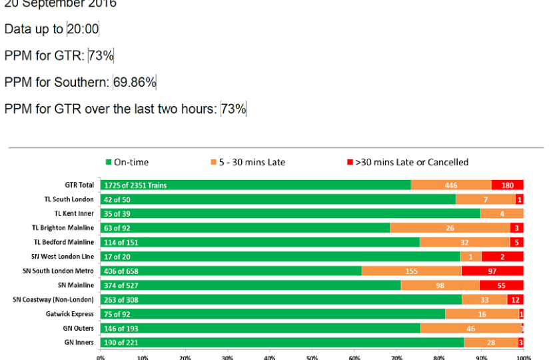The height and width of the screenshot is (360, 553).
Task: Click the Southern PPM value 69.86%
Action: pyautogui.click(x=135, y=82)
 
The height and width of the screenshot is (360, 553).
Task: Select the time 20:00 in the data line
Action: pyautogui.click(x=83, y=29)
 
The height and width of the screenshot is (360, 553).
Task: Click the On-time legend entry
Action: pyautogui.click(x=127, y=162)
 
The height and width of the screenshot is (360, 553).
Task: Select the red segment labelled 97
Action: pyautogui.click(x=492, y=271)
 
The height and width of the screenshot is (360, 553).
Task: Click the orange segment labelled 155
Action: pyautogui.click(x=411, y=271)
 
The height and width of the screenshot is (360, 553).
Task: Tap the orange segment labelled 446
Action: pyautogui.click(x=451, y=185)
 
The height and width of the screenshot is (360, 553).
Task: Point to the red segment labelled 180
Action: pyautogui.click(x=508, y=185)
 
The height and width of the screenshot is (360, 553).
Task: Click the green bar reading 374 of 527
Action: pyautogui.click(x=251, y=285)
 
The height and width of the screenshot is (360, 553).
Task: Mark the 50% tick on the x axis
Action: pyautogui.click(x=312, y=357)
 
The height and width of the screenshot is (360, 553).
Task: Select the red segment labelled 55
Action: pyautogui.click(x=501, y=285)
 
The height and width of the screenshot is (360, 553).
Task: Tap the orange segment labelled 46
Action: pyautogui.click(x=470, y=329)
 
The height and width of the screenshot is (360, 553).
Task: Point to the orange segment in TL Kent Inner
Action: pyautogui.click(x=502, y=213)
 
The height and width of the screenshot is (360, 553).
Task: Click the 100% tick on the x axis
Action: pyautogui.click(x=523, y=357)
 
